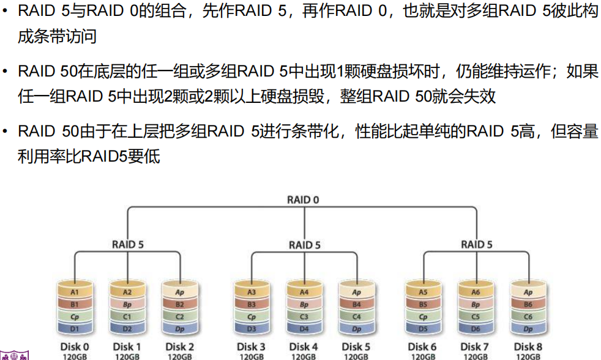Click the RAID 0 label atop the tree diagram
(303, 200)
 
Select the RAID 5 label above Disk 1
(128, 244)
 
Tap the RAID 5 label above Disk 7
(477, 244)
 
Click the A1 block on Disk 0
(75, 293)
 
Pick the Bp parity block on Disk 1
(127, 304)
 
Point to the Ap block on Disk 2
(180, 293)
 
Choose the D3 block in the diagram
(252, 329)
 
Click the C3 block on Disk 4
(304, 317)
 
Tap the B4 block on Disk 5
(357, 304)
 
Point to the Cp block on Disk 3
(252, 317)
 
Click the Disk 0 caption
(75, 347)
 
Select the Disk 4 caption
(304, 347)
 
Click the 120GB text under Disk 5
(357, 356)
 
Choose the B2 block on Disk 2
(180, 304)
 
